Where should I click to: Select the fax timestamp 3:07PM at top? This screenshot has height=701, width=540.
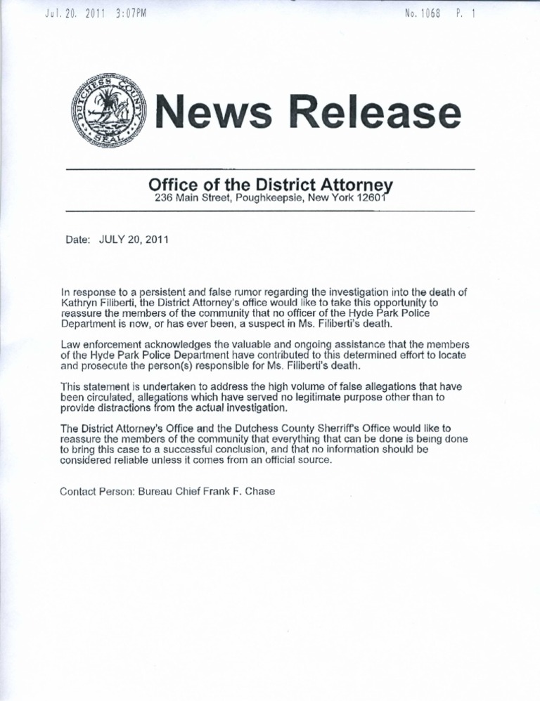click(127, 13)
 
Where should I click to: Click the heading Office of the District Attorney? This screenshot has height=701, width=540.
click(270, 185)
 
